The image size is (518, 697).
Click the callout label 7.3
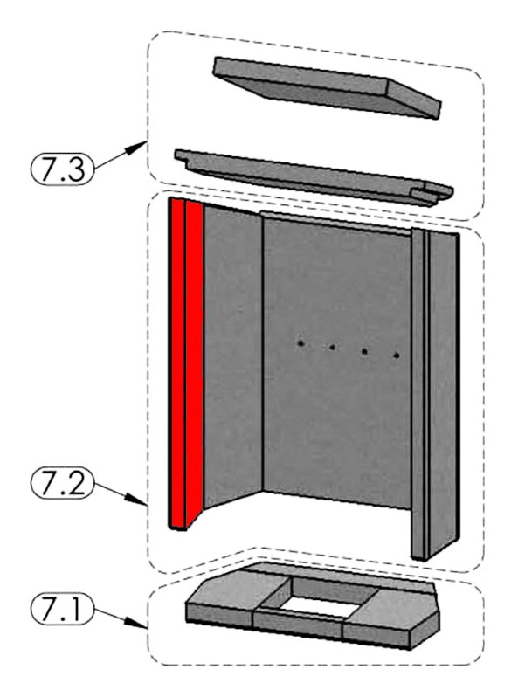tap(62, 168)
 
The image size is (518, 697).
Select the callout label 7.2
tap(62, 483)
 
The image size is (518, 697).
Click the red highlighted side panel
tap(185, 363)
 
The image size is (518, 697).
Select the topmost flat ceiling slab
tap(327, 86)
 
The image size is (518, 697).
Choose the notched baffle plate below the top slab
tap(314, 176)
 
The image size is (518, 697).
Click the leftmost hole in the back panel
tap(301, 342)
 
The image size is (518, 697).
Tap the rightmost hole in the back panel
tap(397, 355)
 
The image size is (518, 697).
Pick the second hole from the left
tap(332, 347)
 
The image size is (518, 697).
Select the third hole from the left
tap(364, 351)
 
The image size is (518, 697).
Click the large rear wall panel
tap(337, 360)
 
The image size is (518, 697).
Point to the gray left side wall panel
tap(233, 355)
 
